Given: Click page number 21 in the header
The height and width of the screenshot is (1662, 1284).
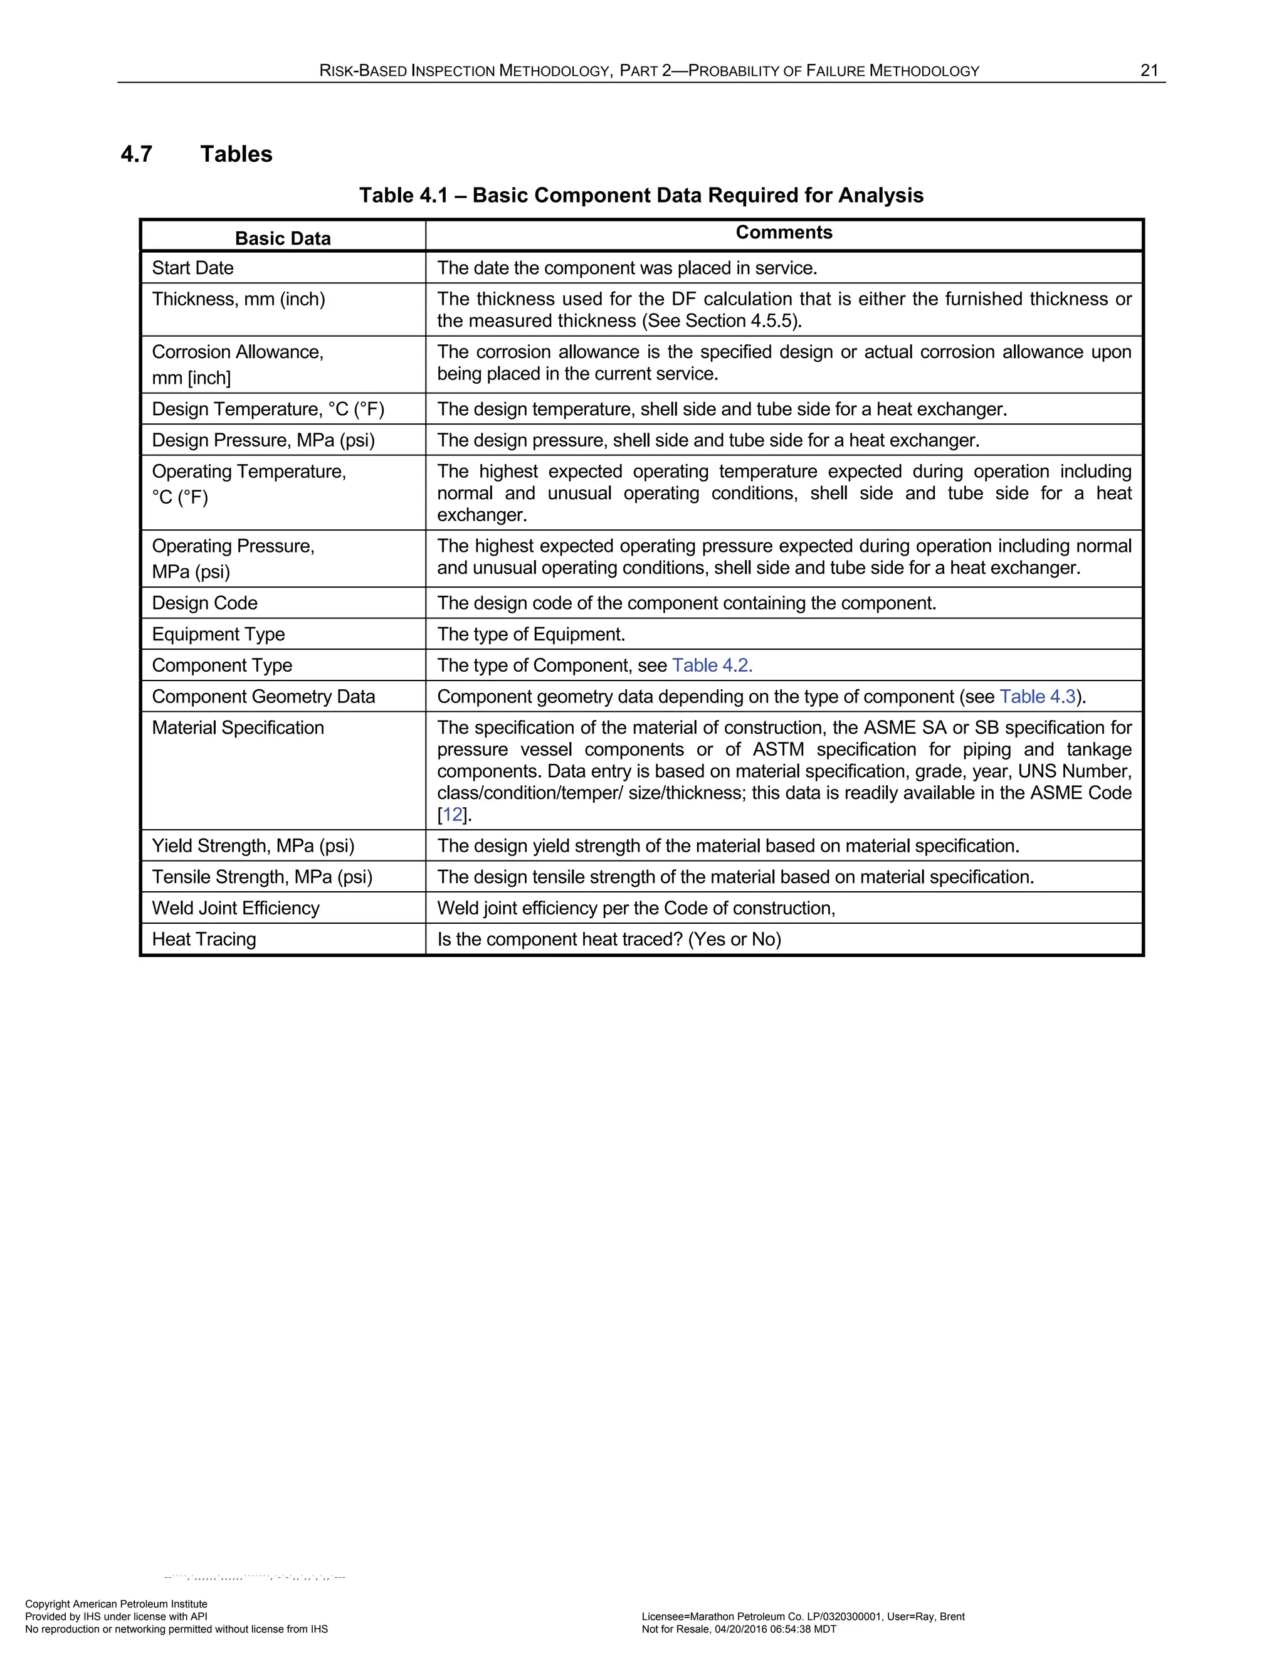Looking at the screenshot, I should [x=1149, y=71].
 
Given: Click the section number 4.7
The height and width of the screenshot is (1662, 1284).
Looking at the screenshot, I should [x=136, y=154].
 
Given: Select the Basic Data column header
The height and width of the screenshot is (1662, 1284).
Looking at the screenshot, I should [x=282, y=238].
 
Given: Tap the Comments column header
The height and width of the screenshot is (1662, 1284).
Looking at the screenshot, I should [x=784, y=233].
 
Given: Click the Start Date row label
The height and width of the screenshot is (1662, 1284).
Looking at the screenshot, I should [x=192, y=268].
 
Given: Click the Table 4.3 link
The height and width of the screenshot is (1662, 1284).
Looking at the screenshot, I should [x=1038, y=696].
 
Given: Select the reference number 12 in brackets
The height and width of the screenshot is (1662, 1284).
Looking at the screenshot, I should [x=453, y=815].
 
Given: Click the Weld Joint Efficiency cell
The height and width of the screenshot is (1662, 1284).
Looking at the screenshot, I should [x=236, y=908].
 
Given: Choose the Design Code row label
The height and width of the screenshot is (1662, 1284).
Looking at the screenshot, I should [x=204, y=603].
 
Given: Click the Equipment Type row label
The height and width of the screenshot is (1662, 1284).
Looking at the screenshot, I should [x=218, y=634].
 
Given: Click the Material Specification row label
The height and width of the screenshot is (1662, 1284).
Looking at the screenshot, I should [x=238, y=728].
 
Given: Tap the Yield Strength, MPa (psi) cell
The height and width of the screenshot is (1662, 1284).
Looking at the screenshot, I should [x=253, y=845].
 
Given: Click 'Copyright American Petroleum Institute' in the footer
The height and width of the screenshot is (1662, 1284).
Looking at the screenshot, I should [x=117, y=1604].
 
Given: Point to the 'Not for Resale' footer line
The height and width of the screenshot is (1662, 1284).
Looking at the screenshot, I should [x=739, y=1629].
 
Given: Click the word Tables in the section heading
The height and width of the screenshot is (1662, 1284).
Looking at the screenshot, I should [x=236, y=154].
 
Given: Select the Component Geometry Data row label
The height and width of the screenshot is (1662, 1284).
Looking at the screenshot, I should [x=263, y=696].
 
